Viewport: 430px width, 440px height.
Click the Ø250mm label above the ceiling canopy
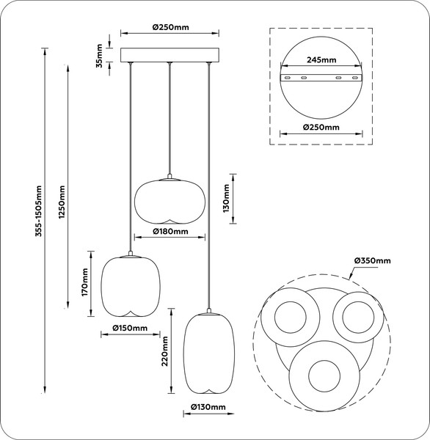[171, 27]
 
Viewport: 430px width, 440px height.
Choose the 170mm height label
[85, 282]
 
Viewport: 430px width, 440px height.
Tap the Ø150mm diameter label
[130, 328]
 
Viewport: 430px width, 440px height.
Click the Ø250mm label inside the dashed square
[322, 127]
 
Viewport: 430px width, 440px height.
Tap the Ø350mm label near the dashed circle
[372, 260]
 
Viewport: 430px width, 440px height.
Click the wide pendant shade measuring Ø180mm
[170, 199]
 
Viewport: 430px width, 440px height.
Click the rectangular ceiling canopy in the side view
[170, 56]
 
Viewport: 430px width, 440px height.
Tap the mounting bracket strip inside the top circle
[322, 78]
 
